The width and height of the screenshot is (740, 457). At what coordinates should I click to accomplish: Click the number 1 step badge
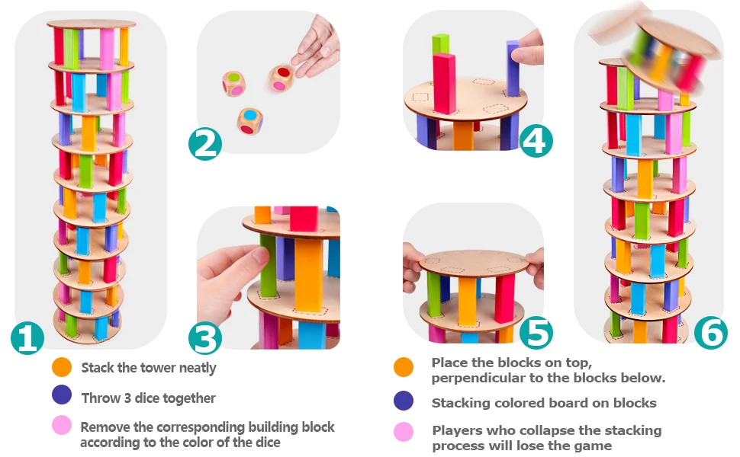pyautogui.click(x=27, y=338)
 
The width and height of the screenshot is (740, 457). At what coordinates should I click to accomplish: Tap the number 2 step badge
pyautogui.click(x=205, y=144)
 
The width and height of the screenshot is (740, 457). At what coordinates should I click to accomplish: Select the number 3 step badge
pyautogui.click(x=205, y=338)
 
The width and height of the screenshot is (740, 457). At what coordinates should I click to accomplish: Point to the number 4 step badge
pyautogui.click(x=536, y=141)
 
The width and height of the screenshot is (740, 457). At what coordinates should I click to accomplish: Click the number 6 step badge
pyautogui.click(x=711, y=333)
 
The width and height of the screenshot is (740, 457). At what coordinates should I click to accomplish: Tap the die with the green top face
pyautogui.click(x=233, y=84)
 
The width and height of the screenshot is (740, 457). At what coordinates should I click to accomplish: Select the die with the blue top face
pyautogui.click(x=250, y=121)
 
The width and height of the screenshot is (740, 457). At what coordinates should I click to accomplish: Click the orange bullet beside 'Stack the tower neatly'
pyautogui.click(x=62, y=367)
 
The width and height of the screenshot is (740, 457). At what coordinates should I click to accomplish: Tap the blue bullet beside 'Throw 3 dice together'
pyautogui.click(x=62, y=395)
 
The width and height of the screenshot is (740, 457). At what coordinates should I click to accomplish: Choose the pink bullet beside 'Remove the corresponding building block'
pyautogui.click(x=62, y=424)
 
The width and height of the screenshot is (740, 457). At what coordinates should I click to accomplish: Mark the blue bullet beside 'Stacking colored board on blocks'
pyautogui.click(x=404, y=401)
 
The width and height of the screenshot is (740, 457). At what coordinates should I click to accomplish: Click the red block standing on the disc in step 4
pyautogui.click(x=445, y=83)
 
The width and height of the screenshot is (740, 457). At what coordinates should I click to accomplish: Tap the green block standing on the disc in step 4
pyautogui.click(x=440, y=45)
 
